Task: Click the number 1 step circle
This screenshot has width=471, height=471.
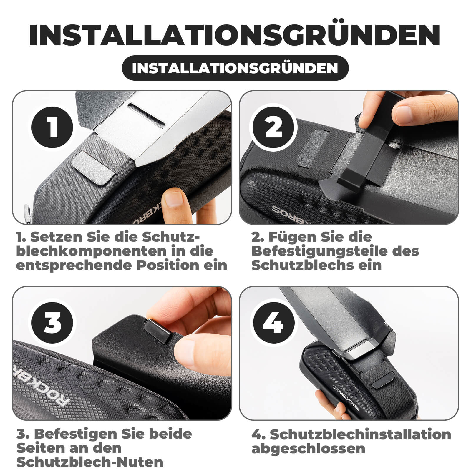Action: [52, 127]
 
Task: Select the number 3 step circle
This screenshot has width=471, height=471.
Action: [52, 323]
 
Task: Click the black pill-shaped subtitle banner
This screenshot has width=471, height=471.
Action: [235, 68]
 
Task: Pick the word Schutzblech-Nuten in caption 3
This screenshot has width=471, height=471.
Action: [90, 462]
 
